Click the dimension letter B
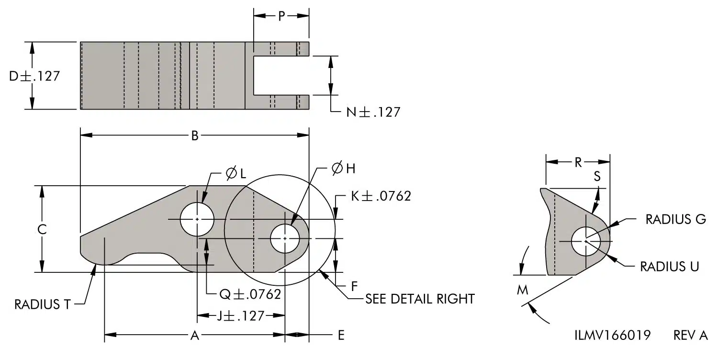[x=195, y=136]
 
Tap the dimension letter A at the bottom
[x=194, y=335]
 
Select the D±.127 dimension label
[x=34, y=76]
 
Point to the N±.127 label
[x=373, y=112]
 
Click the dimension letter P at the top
[x=281, y=16]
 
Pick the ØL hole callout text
[x=236, y=173]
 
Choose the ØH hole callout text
[x=343, y=169]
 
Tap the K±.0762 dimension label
[x=381, y=196]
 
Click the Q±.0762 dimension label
[x=250, y=294]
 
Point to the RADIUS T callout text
[x=42, y=304]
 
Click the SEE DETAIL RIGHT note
[x=420, y=299]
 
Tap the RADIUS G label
[x=676, y=219]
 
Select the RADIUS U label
[x=669, y=267]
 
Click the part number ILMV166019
[x=613, y=335]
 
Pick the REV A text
[x=690, y=335]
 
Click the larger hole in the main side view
[x=197, y=219]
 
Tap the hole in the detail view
[x=585, y=241]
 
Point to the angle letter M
[x=523, y=290]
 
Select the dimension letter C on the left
[x=42, y=229]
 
